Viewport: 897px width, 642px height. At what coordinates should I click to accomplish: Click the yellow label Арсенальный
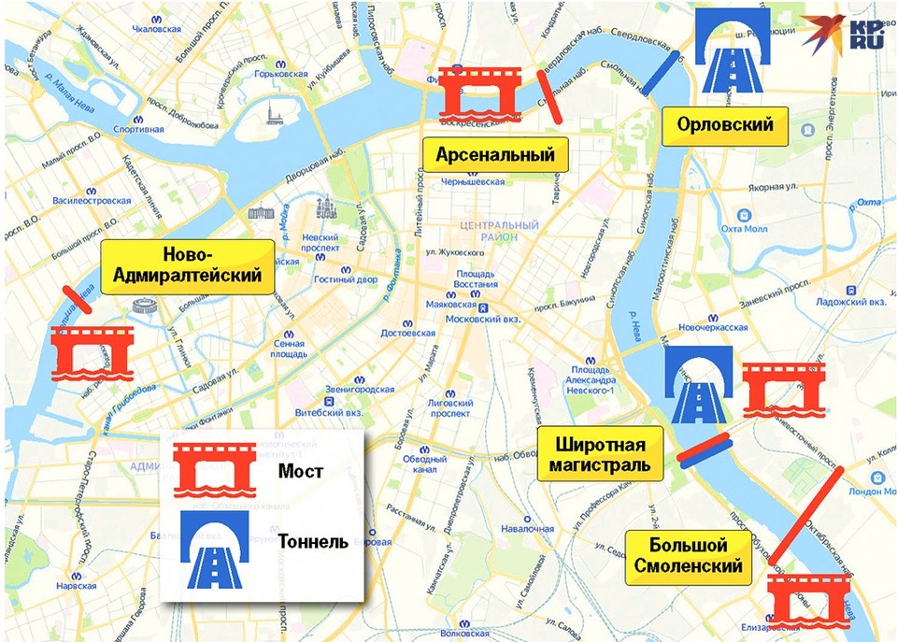(495, 154)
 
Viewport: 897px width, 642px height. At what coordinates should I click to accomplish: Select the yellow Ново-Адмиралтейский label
(189, 266)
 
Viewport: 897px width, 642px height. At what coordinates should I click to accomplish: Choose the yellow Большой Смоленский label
(688, 556)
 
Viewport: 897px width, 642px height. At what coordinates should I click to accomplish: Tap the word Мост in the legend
(301, 471)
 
